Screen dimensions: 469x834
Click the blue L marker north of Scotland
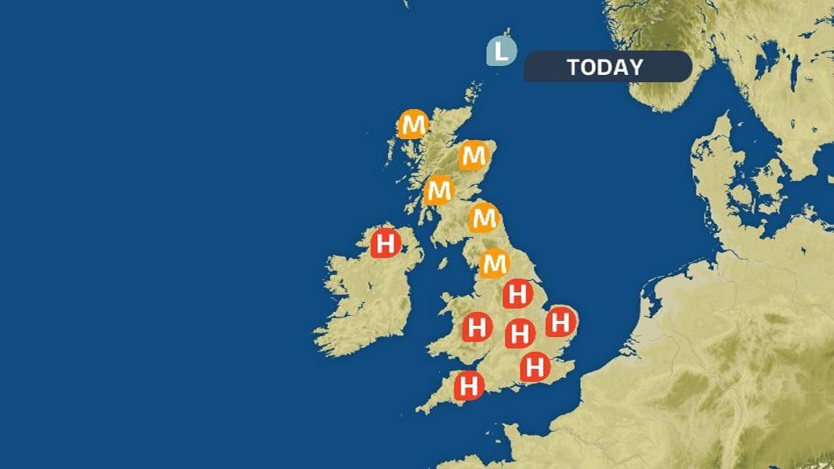(x=502, y=52)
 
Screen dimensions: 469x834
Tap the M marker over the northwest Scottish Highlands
(x=414, y=125)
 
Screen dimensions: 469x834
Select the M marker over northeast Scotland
(x=473, y=156)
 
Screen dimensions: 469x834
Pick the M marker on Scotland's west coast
(x=439, y=191)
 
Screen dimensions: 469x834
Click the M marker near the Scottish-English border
(x=484, y=217)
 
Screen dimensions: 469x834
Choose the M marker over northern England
(x=494, y=264)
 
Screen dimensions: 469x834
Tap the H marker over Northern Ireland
(x=386, y=243)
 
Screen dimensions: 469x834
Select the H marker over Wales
(x=477, y=328)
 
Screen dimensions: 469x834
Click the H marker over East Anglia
(x=560, y=322)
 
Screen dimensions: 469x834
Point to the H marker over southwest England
(x=469, y=385)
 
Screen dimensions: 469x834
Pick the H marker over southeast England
(x=534, y=367)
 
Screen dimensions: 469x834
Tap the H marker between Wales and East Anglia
(x=519, y=332)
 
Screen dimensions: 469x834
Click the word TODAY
(x=605, y=68)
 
